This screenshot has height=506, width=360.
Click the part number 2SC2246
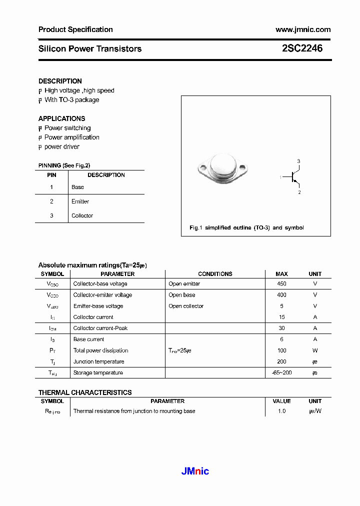pyautogui.click(x=302, y=48)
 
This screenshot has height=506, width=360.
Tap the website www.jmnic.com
pyautogui.click(x=303, y=29)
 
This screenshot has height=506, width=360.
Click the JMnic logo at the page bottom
pyautogui.click(x=194, y=471)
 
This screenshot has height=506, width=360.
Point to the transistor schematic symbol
pyautogui.click(x=293, y=176)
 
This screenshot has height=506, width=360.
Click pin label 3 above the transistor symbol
pyautogui.click(x=298, y=161)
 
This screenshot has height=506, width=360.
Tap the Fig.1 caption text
pyautogui.click(x=246, y=227)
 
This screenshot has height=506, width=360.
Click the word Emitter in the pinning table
pyautogui.click(x=80, y=201)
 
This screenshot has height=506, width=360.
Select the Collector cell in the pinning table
pyautogui.click(x=82, y=215)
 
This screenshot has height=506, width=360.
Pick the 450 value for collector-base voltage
pyautogui.click(x=281, y=283)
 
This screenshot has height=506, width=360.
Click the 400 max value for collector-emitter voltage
pyautogui.click(x=281, y=295)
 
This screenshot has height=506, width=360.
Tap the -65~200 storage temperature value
pyautogui.click(x=281, y=372)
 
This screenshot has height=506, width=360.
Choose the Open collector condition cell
pyautogui.click(x=186, y=306)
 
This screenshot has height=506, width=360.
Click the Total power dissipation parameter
pyautogui.click(x=100, y=350)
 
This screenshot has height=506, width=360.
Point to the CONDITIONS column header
pyautogui.click(x=215, y=274)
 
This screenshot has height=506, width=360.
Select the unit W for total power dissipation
pyautogui.click(x=315, y=350)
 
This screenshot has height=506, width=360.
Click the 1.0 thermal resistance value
pyautogui.click(x=281, y=411)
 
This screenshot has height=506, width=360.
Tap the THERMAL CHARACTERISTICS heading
pyautogui.click(x=85, y=392)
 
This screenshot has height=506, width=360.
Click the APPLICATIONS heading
pyautogui.click(x=61, y=118)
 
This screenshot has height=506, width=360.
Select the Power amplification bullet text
pyautogui.click(x=71, y=137)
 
